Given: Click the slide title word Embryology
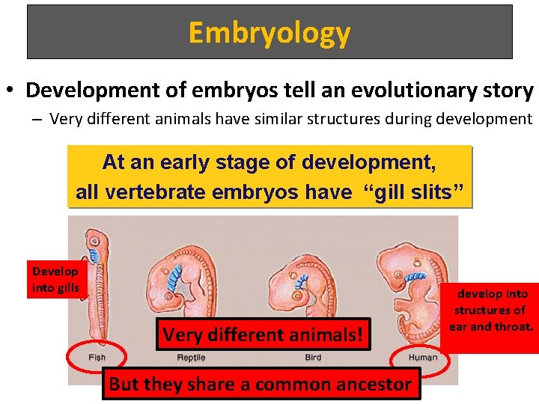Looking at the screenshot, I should [x=269, y=33].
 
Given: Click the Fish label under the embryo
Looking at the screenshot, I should [x=97, y=358].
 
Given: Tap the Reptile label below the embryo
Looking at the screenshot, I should [x=191, y=358].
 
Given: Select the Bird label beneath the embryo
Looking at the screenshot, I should [x=313, y=358].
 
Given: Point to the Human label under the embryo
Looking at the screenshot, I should [x=423, y=358].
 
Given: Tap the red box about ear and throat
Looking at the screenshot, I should [x=491, y=310].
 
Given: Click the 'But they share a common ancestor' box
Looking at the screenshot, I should [x=261, y=385].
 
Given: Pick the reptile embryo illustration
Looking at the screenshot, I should [x=183, y=292].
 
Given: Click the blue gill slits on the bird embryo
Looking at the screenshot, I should [x=301, y=282].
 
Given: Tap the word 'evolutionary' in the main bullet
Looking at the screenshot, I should [x=395, y=91].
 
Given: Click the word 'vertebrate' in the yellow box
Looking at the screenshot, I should [x=152, y=192].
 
